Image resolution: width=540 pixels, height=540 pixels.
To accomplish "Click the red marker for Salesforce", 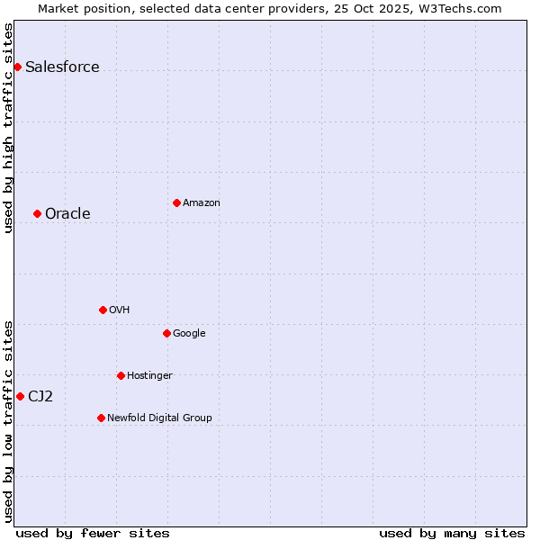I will (17, 67).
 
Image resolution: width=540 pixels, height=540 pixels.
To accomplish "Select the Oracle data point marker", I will (37, 213).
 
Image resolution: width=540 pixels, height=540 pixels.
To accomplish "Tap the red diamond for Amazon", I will (176, 202).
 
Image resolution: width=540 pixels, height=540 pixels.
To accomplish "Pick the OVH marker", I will (103, 310).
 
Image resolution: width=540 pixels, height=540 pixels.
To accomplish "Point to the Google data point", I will (166, 333).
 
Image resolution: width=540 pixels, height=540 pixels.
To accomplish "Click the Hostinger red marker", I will (121, 375).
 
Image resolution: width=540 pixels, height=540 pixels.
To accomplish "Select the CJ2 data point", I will (20, 396).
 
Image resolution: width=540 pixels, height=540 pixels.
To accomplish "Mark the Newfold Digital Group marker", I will (101, 418).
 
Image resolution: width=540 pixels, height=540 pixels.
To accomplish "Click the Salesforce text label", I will (62, 67).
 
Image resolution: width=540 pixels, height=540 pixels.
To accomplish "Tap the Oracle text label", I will (67, 214).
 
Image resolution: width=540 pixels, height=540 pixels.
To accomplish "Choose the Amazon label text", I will (202, 203).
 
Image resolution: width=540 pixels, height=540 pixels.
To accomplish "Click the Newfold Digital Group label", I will (159, 418).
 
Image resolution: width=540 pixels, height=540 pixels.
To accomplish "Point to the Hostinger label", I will (149, 376).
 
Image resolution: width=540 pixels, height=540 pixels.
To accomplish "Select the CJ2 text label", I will (40, 397).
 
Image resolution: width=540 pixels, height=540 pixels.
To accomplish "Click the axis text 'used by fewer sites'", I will (93, 533).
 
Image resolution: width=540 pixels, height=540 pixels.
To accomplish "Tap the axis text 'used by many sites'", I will (452, 533).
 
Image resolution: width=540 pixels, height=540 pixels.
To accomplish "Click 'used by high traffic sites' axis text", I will (9, 128).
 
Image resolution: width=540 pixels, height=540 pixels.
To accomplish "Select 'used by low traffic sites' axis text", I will (9, 420).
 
